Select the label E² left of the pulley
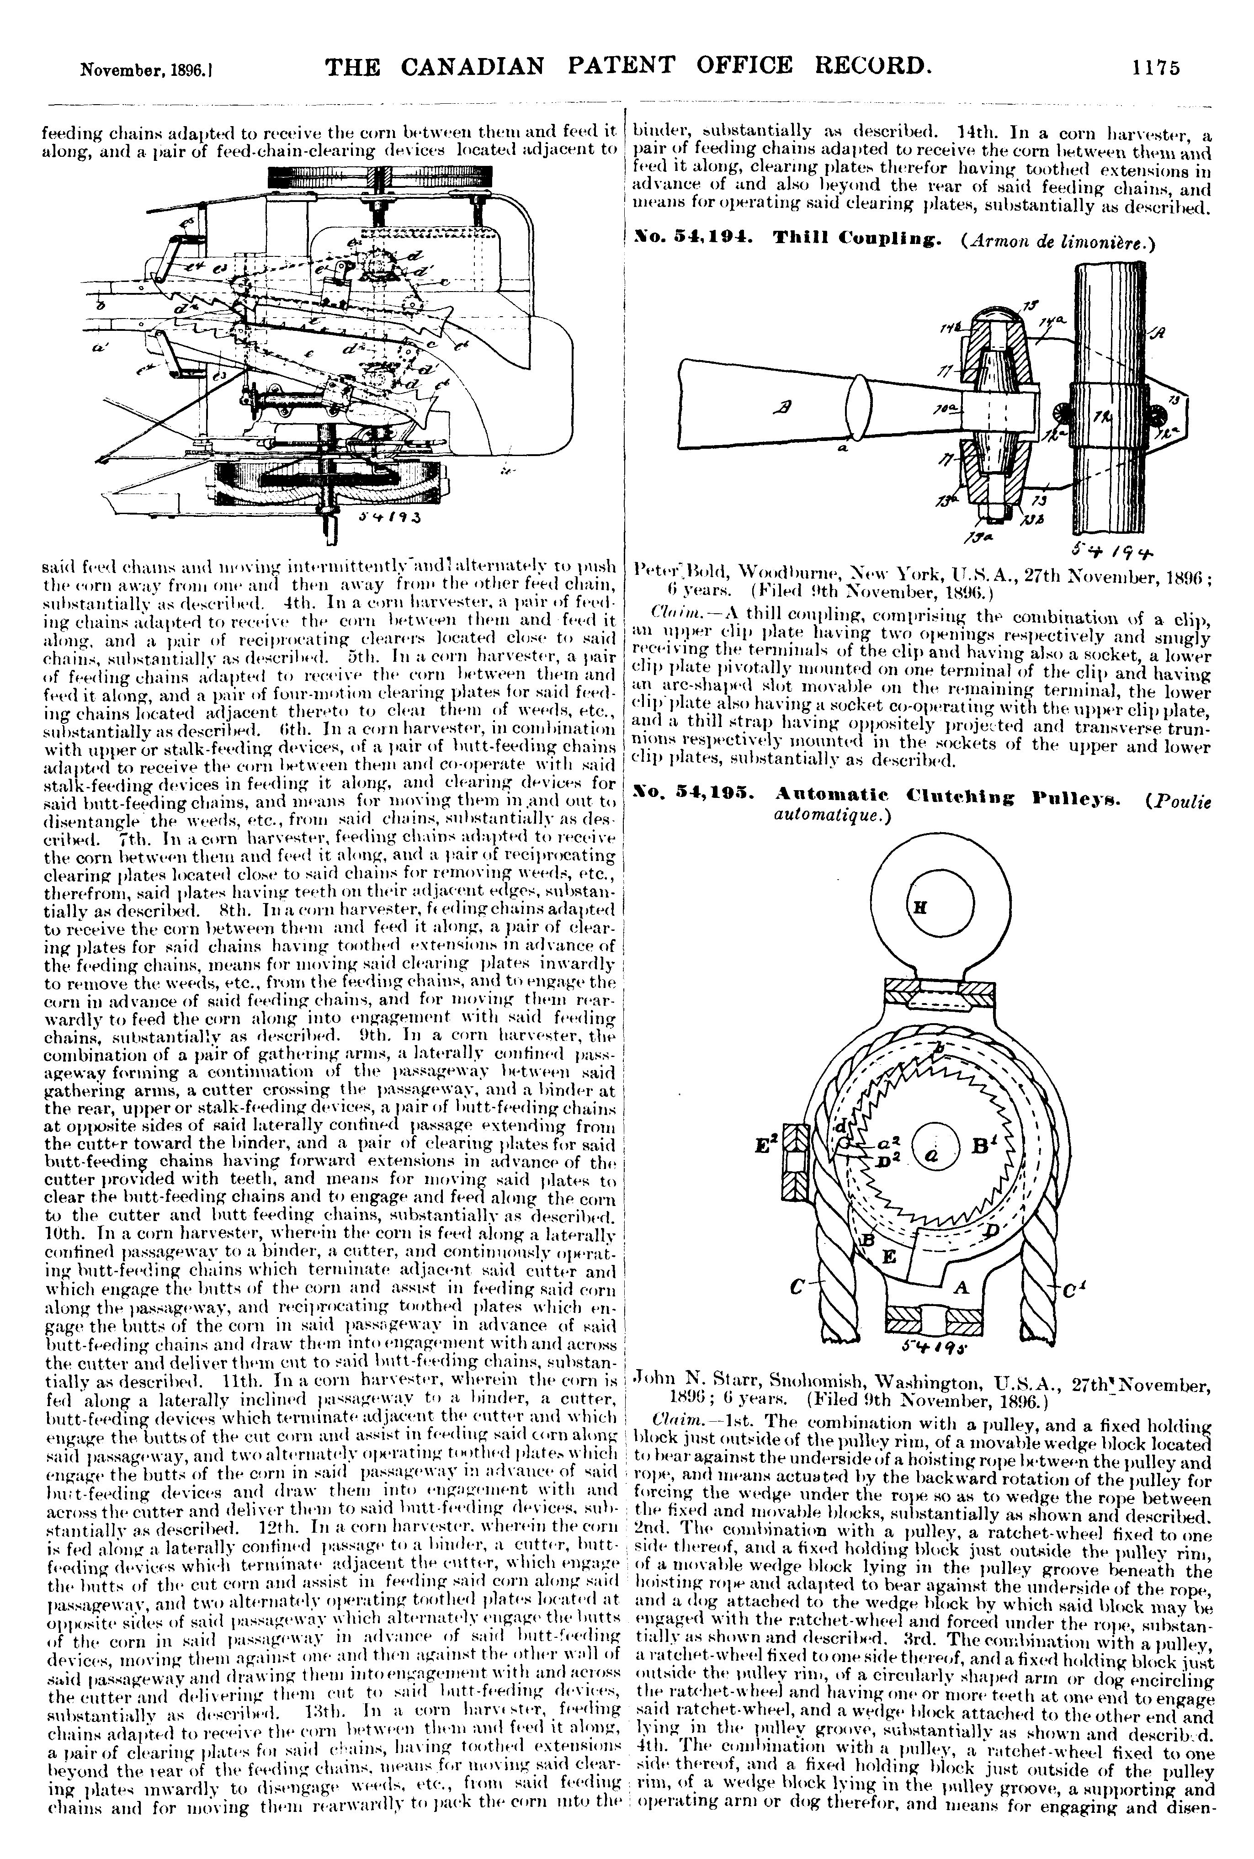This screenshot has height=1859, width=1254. (x=766, y=1145)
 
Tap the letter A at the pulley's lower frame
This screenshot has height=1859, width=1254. (x=962, y=1285)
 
